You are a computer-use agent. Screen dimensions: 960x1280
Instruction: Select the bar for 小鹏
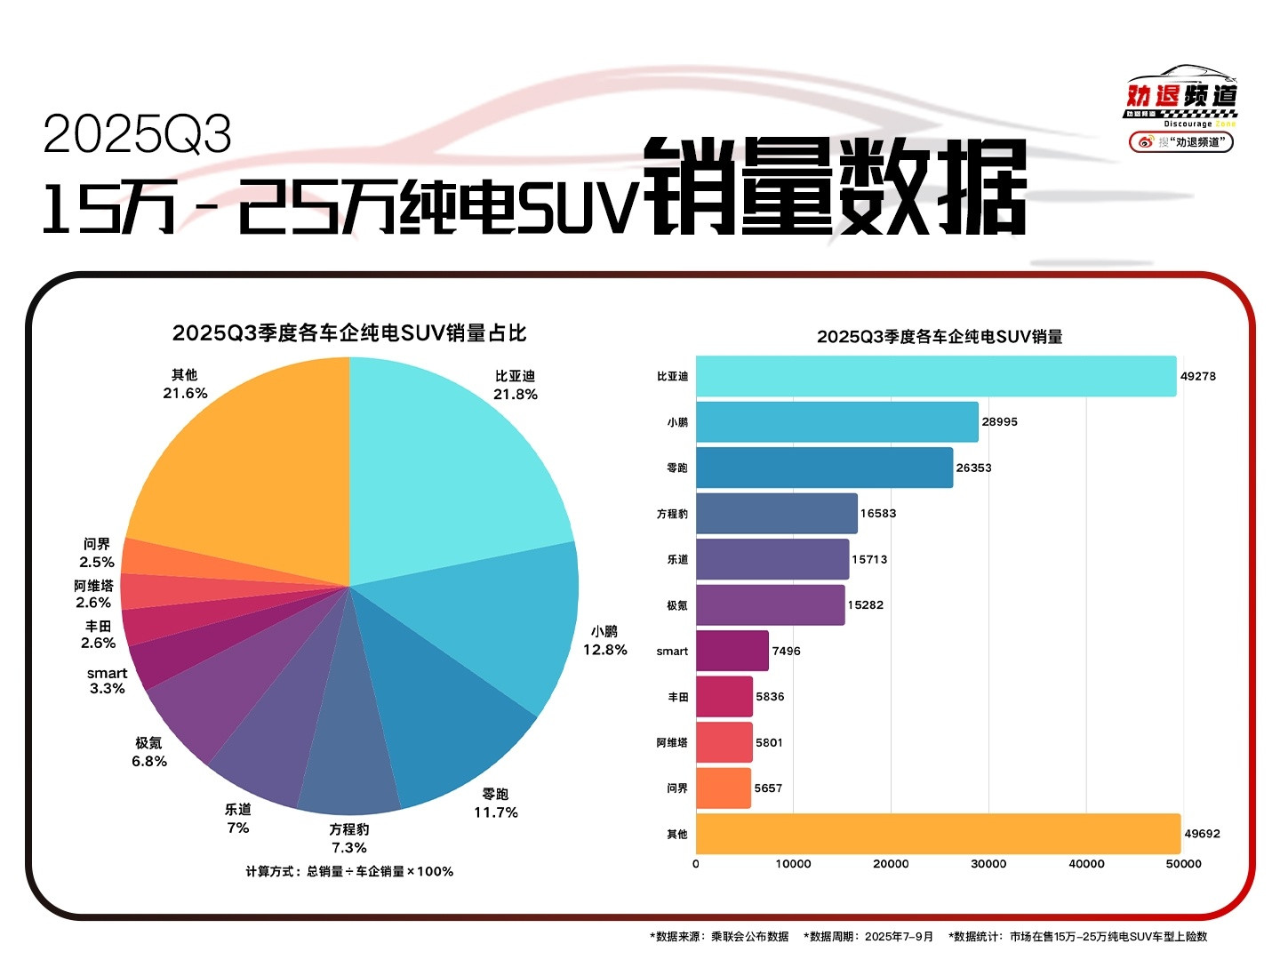[836, 422]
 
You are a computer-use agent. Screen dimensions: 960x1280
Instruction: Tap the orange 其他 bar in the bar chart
[938, 834]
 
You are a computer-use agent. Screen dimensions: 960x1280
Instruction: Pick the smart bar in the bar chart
[732, 651]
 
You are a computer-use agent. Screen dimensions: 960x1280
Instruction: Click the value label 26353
[973, 468]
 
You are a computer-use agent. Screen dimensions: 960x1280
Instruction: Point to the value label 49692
[1202, 834]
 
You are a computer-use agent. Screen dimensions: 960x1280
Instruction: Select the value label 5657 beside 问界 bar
[768, 788]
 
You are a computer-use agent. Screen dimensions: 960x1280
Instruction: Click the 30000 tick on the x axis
[988, 864]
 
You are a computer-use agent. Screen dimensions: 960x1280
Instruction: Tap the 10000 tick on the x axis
[793, 864]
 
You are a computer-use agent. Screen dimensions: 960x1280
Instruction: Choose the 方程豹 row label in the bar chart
[672, 514]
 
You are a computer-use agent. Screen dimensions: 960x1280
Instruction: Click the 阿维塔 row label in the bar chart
[672, 742]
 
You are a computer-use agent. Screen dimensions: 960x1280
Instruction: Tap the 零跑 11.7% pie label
[495, 803]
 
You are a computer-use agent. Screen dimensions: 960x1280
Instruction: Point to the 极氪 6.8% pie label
[149, 752]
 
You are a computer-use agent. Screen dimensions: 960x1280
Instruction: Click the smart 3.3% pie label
[107, 681]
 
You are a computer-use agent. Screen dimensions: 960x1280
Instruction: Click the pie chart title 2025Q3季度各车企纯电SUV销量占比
[349, 333]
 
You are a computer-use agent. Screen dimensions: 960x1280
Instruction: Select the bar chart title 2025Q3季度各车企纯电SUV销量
[940, 337]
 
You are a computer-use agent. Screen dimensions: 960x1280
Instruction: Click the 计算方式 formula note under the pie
[349, 872]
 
